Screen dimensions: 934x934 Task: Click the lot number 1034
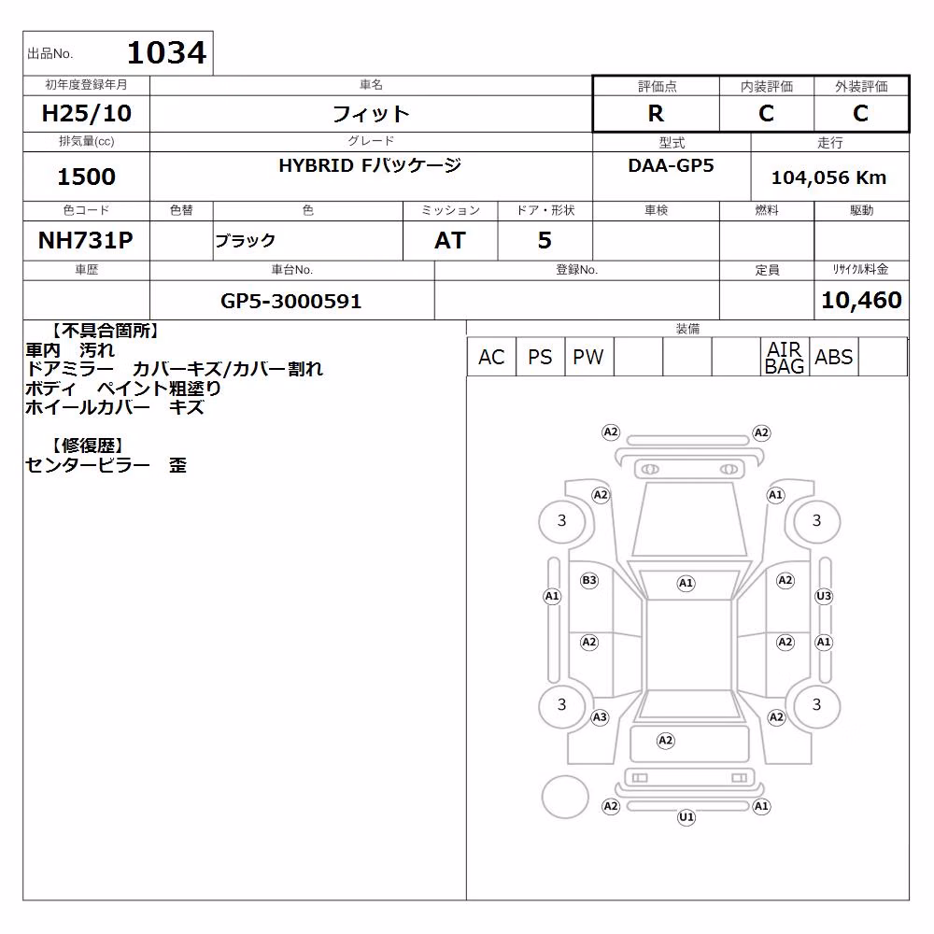[167, 52]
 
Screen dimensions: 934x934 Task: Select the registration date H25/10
[86, 113]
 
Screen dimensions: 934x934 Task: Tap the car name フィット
[371, 113]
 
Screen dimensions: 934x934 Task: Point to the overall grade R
[656, 113]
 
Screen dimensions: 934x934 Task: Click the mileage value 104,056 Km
[828, 177]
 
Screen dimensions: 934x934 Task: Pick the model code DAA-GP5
[671, 165]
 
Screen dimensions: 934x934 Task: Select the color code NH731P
[86, 240]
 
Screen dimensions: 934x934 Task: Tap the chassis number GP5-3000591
[290, 301]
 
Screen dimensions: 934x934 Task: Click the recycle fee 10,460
[861, 300]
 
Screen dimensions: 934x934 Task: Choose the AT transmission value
[450, 240]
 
